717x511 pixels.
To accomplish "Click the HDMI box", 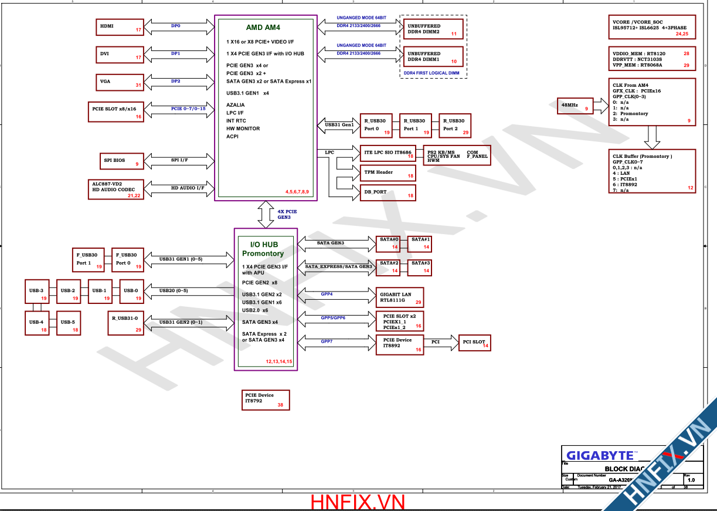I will click(x=120, y=27).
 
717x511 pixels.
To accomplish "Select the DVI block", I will click(x=120, y=55).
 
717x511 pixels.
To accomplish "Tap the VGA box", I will click(x=120, y=82).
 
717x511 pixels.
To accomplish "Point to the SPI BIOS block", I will click(x=120, y=161).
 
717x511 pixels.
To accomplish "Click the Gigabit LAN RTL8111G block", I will click(x=399, y=297).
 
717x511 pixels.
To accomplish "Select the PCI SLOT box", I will click(x=474, y=343).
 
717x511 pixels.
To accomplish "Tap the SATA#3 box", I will click(x=421, y=267).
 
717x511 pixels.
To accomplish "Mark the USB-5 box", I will click(x=68, y=323).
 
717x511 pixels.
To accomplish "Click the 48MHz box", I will click(x=576, y=106).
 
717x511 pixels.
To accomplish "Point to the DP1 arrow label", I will click(x=175, y=53).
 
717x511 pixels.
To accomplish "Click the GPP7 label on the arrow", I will click(x=327, y=341).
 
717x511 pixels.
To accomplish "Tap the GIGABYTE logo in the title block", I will click(x=600, y=455).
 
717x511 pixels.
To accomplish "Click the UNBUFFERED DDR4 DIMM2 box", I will click(x=431, y=29).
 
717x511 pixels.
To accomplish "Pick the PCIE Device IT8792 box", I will click(x=266, y=399).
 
